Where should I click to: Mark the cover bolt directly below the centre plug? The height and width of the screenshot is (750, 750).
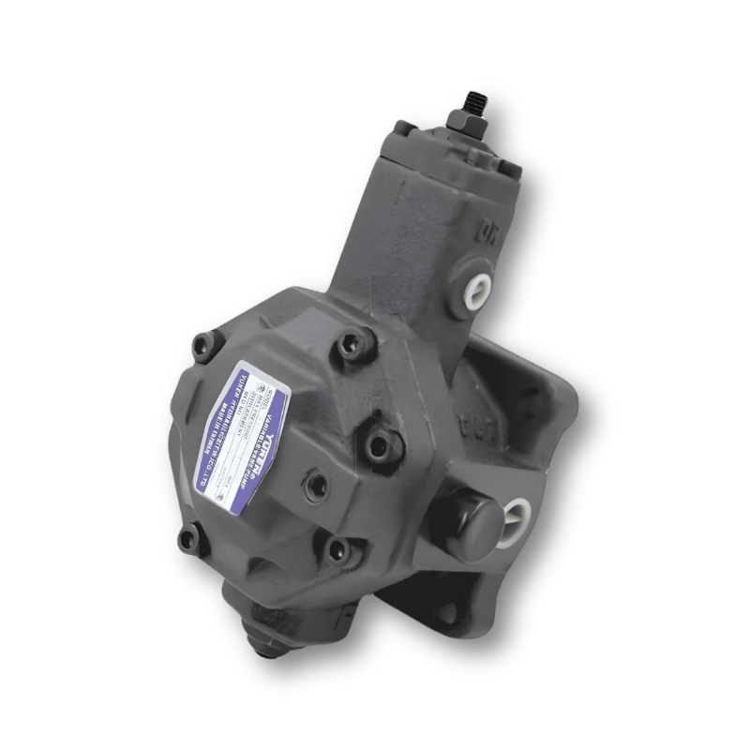pos(335,548)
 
